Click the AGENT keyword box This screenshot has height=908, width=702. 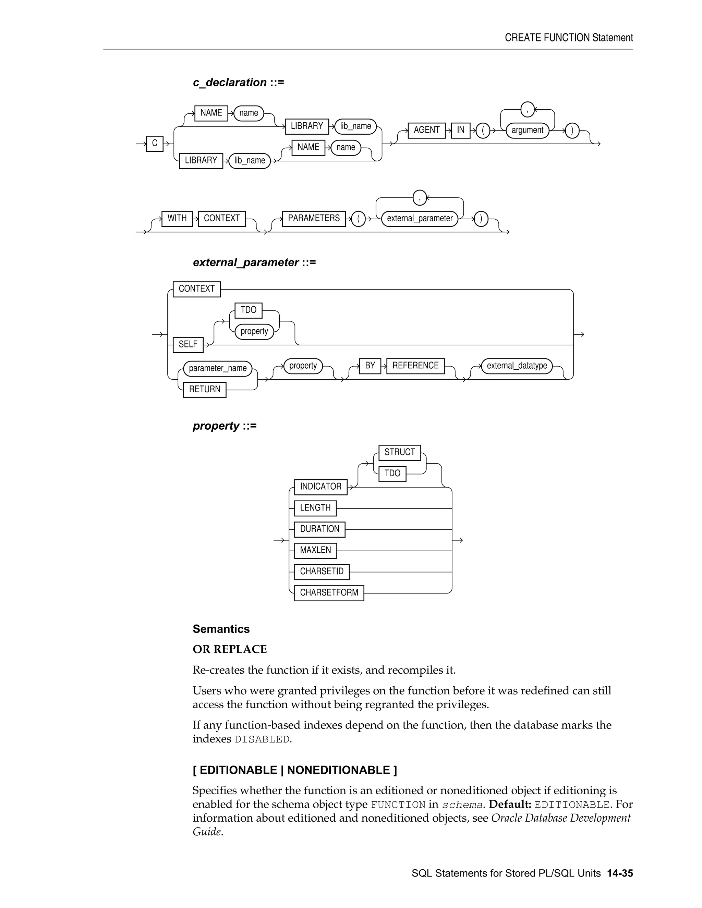(426, 130)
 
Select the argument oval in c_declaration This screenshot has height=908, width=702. (527, 130)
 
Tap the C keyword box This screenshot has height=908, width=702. (155, 144)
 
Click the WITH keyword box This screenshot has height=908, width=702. (177, 218)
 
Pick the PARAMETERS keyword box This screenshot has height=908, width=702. (314, 218)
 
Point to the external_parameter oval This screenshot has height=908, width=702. (420, 218)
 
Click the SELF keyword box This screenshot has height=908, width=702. (188, 344)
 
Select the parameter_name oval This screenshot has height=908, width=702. (218, 368)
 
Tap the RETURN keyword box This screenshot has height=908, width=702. (205, 390)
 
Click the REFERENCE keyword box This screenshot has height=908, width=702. (415, 366)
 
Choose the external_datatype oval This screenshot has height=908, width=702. (517, 366)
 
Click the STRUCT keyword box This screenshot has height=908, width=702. (399, 452)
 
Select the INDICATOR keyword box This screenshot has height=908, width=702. (320, 487)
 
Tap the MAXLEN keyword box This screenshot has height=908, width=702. (315, 551)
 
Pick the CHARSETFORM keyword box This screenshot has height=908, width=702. (329, 593)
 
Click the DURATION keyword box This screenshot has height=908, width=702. (319, 529)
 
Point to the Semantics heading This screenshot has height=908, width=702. (221, 629)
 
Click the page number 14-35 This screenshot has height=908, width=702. (620, 873)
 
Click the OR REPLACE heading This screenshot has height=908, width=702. (230, 649)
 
